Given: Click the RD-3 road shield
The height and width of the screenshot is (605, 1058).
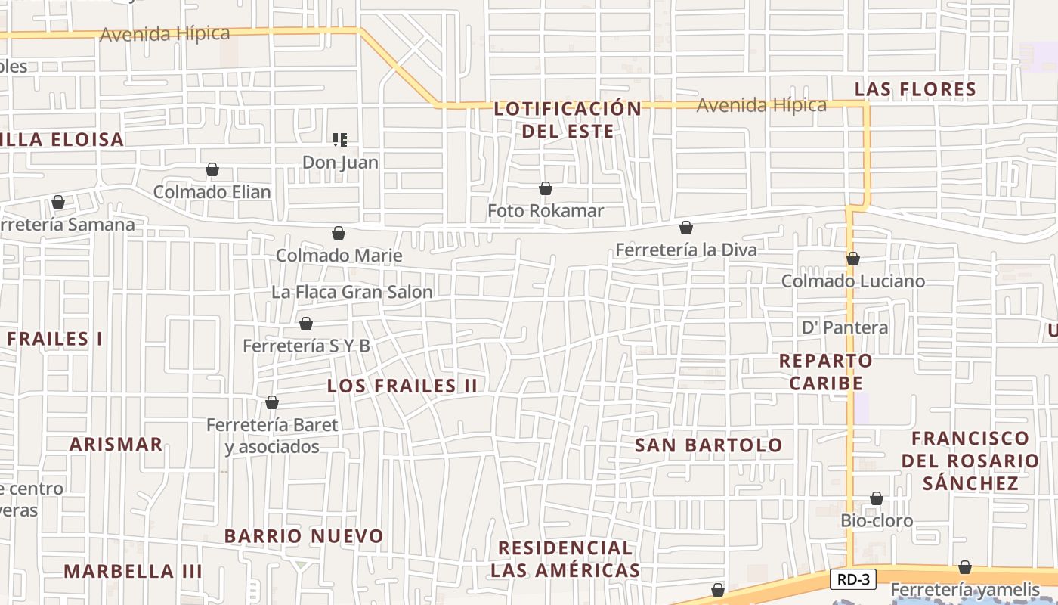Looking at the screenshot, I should coord(854,580).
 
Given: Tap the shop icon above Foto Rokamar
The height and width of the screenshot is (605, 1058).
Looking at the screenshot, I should coord(546,188).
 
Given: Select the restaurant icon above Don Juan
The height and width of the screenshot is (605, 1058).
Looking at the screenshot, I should coord(340,139).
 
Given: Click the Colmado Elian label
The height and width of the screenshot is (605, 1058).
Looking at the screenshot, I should coord(212,192).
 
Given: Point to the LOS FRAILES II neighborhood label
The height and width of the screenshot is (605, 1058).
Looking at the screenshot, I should coord(402,386).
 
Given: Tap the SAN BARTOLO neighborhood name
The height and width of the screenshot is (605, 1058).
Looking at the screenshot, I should coord(708,445).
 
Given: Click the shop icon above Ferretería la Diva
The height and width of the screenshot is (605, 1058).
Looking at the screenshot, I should coord(686,228).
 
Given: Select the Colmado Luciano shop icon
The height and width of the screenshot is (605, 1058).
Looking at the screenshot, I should coord(853,259).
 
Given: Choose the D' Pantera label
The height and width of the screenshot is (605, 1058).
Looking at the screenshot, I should coord(844,327).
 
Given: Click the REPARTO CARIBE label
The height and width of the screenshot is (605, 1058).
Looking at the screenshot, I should coord(826,371).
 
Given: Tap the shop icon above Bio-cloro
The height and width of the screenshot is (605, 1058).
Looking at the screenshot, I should coord(877,498).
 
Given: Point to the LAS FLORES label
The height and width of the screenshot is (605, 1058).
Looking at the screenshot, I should coord(915,89).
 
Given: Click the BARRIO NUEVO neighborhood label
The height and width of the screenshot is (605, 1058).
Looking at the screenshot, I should coord(304,536).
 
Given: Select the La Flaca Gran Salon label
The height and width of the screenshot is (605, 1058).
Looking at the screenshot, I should coord(351,292).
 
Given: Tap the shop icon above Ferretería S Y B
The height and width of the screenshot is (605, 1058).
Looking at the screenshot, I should coord(306,324).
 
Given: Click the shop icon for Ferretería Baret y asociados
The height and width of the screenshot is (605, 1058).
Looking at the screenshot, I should coord(272,402).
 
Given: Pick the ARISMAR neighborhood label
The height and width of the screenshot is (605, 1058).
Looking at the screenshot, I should coord(116,444).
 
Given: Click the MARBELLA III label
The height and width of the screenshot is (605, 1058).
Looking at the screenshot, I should coord(132,571).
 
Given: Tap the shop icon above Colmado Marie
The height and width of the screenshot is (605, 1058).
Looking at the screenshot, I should coord(339,233).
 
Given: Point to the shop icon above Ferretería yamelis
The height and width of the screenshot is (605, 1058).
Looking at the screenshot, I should coord(965,567).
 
